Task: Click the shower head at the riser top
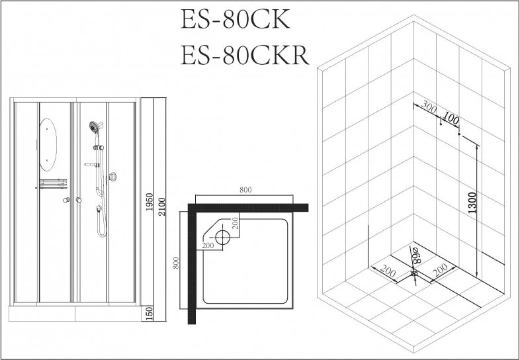pyautogui.click(x=94, y=126)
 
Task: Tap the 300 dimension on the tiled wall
pyautogui.click(x=431, y=107)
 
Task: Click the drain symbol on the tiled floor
pyautogui.click(x=414, y=272)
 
